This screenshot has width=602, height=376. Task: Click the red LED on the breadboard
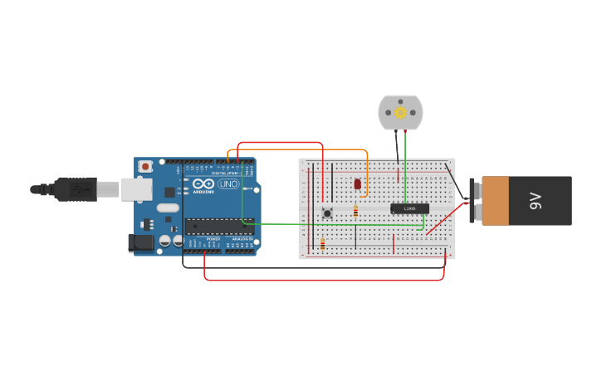(357, 183)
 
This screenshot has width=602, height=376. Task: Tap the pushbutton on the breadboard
(327, 213)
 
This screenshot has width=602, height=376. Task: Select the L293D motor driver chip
(409, 208)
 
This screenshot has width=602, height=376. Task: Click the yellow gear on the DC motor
(400, 113)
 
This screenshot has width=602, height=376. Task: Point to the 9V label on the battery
(536, 200)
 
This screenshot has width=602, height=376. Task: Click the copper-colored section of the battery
(496, 200)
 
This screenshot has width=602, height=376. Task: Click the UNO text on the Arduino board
(228, 183)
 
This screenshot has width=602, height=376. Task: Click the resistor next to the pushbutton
(355, 211)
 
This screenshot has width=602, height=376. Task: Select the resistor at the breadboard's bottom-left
(323, 244)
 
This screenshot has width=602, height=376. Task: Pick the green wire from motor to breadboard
(405, 166)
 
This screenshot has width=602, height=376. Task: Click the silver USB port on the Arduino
(136, 189)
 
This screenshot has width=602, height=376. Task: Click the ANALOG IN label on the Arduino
(242, 239)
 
